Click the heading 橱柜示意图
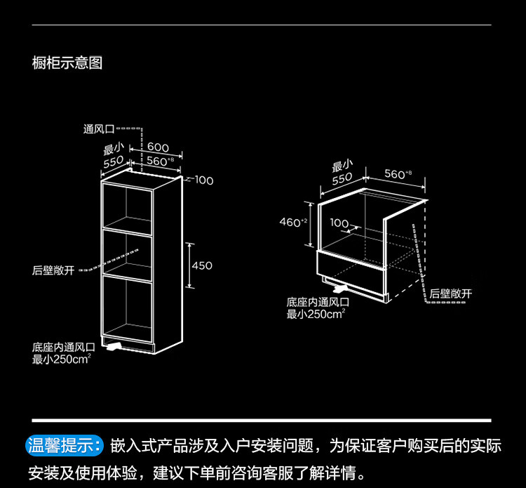click(67, 62)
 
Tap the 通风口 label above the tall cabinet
click(99, 129)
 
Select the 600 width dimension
click(158, 147)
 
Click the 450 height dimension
click(202, 265)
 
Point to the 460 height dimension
click(290, 222)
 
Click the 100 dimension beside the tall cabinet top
click(204, 180)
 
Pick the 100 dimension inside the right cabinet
click(339, 223)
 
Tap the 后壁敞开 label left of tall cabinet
click(53, 270)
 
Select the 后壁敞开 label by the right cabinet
click(450, 294)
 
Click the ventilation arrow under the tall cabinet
click(114, 347)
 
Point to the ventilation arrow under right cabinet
click(340, 288)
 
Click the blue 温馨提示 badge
click(65, 446)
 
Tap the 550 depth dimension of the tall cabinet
click(114, 162)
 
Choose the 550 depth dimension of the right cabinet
click(342, 178)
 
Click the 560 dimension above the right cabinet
click(398, 173)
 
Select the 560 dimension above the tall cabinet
click(161, 161)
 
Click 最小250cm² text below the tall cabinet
click(62, 360)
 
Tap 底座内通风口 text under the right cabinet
click(318, 302)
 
